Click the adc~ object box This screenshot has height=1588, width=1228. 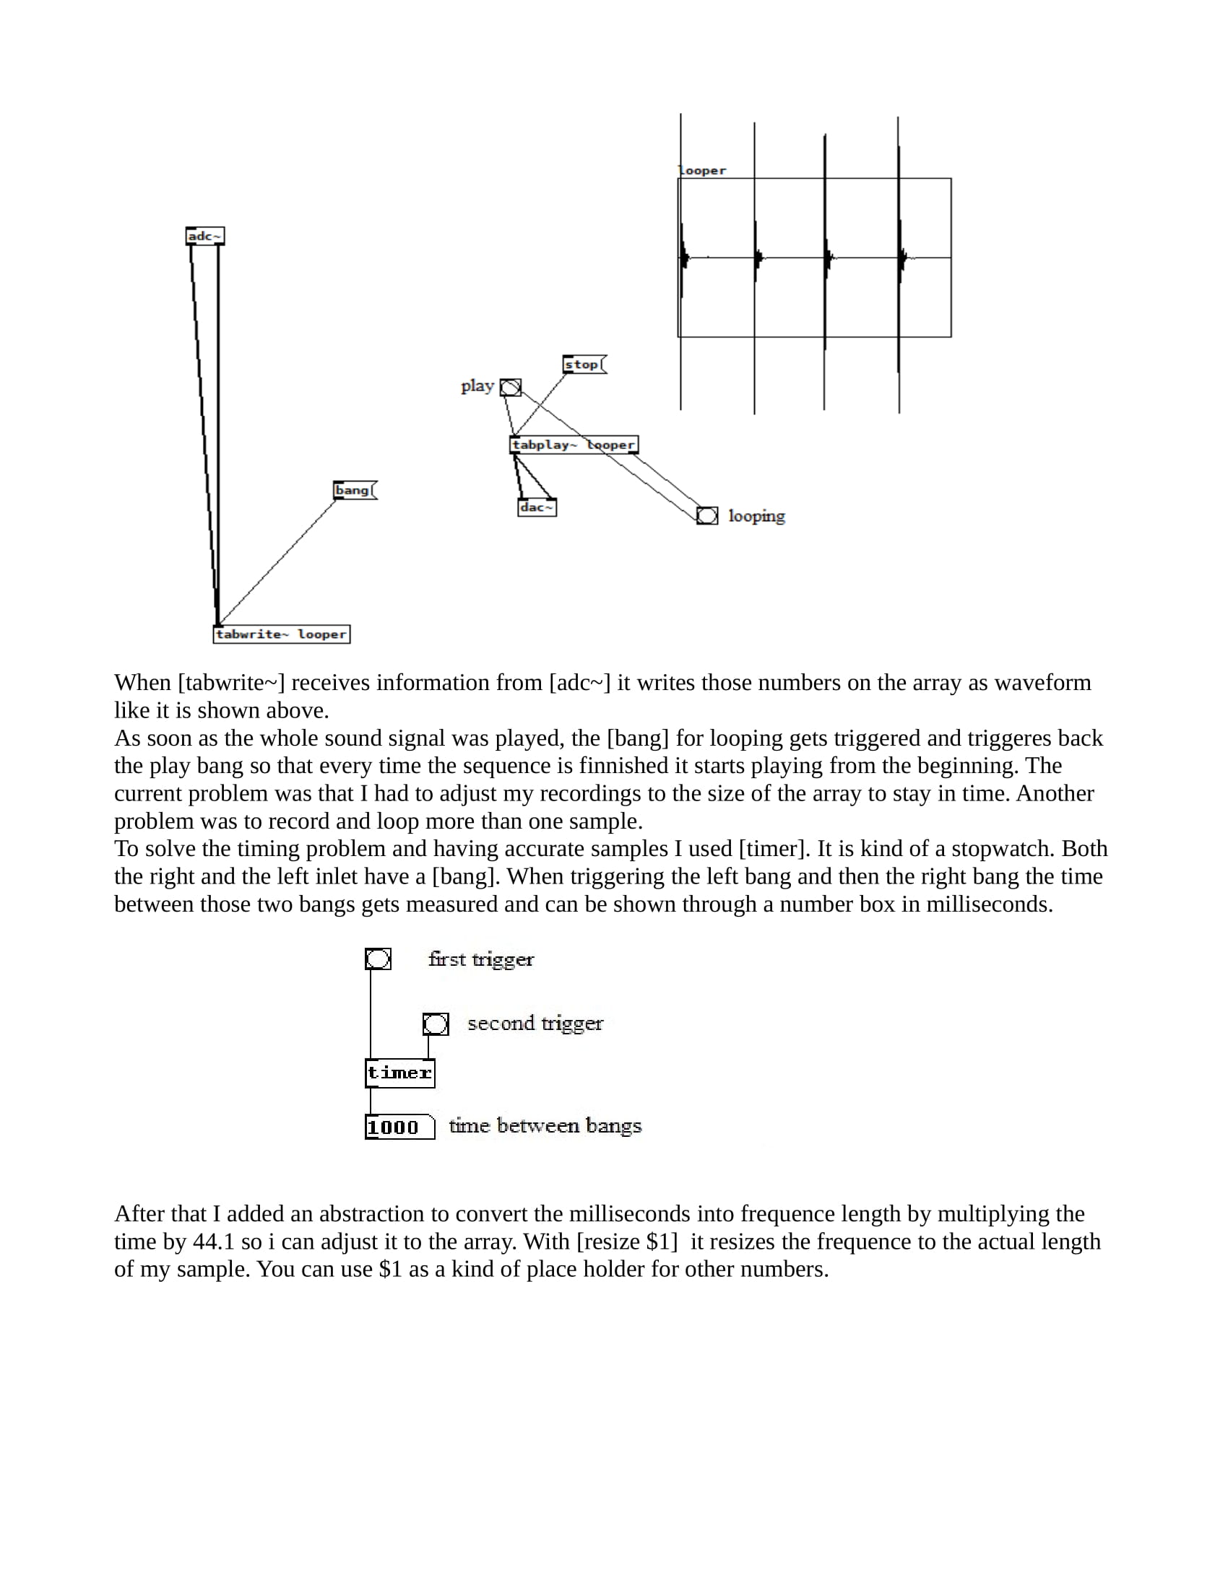tap(204, 236)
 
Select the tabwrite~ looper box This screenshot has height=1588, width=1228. tap(282, 634)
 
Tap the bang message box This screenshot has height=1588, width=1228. tap(354, 490)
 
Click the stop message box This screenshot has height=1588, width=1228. tap(584, 365)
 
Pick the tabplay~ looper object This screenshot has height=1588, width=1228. tap(574, 444)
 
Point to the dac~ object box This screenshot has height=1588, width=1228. tap(537, 507)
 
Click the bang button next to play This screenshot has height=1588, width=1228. tap(511, 388)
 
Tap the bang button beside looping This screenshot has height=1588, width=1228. tap(707, 516)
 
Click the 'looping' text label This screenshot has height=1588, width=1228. tap(756, 516)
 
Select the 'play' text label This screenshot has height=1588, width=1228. tap(477, 386)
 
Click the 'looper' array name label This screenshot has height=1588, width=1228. tap(703, 171)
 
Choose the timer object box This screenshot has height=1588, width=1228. tap(399, 1073)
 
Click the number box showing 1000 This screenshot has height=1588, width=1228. tap(399, 1127)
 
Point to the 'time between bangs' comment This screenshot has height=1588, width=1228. tap(545, 1125)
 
